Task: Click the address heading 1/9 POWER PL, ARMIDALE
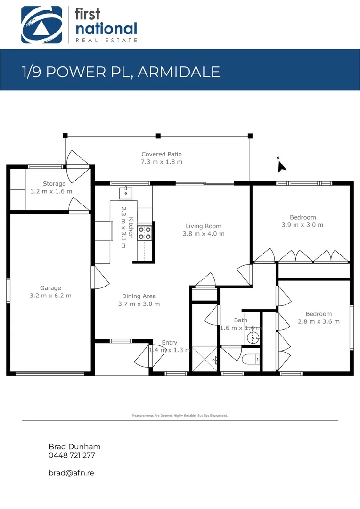(x=121, y=72)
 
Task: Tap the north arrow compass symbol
(x=281, y=165)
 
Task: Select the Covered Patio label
(x=162, y=154)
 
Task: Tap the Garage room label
(x=50, y=288)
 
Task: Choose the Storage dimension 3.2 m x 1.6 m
(x=51, y=191)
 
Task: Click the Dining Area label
(x=139, y=296)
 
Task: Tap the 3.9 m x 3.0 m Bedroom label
(x=303, y=217)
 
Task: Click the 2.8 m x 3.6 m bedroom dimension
(x=319, y=321)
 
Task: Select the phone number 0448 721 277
(x=72, y=455)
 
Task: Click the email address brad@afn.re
(x=72, y=472)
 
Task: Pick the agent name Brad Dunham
(x=74, y=447)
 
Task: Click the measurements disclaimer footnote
(x=180, y=416)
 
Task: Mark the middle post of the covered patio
(x=158, y=136)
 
